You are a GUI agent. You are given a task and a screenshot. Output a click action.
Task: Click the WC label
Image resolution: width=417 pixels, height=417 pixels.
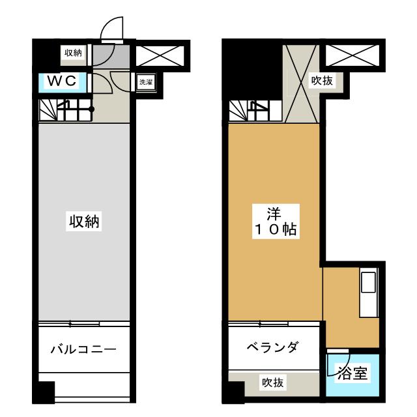click(x=62, y=81)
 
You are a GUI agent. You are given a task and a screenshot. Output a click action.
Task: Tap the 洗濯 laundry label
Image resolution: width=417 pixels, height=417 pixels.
click(x=146, y=82)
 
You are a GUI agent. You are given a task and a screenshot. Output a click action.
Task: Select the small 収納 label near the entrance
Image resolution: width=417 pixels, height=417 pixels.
click(x=73, y=53)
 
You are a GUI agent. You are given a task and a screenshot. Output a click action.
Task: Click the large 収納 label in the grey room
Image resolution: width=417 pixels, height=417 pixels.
click(x=84, y=221)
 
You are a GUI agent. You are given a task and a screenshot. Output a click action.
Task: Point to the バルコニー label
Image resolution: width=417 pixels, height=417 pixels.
click(x=84, y=349)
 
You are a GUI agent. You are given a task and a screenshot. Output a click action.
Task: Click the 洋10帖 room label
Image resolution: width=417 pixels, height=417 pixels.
click(x=276, y=222)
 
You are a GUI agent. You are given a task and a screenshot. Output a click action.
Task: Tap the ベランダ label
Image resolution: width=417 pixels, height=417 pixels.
click(x=272, y=347)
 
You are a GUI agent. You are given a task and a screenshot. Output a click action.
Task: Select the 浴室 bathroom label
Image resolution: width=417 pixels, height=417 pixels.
click(x=353, y=373)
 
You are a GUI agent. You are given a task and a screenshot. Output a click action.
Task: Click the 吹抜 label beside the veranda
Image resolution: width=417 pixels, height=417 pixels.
click(x=272, y=382)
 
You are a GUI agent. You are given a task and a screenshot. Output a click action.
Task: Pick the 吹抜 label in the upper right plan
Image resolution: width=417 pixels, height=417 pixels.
click(x=322, y=80)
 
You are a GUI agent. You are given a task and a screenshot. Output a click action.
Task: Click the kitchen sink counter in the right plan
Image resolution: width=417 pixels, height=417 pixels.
click(x=369, y=293)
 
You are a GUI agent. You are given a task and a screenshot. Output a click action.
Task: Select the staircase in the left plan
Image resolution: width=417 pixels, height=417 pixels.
click(x=65, y=110)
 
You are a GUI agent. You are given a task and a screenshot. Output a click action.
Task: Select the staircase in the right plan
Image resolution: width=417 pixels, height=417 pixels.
click(x=255, y=111)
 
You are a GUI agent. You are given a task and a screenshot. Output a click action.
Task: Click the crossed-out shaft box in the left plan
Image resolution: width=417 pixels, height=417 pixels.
click(x=160, y=55)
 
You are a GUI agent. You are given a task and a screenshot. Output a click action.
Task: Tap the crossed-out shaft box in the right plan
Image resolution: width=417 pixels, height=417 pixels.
click(x=352, y=55)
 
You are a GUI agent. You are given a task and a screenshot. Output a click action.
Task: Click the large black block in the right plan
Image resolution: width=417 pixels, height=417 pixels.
click(x=252, y=70)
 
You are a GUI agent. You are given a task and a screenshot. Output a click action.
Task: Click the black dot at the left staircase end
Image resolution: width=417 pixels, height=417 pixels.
click(x=91, y=109)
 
